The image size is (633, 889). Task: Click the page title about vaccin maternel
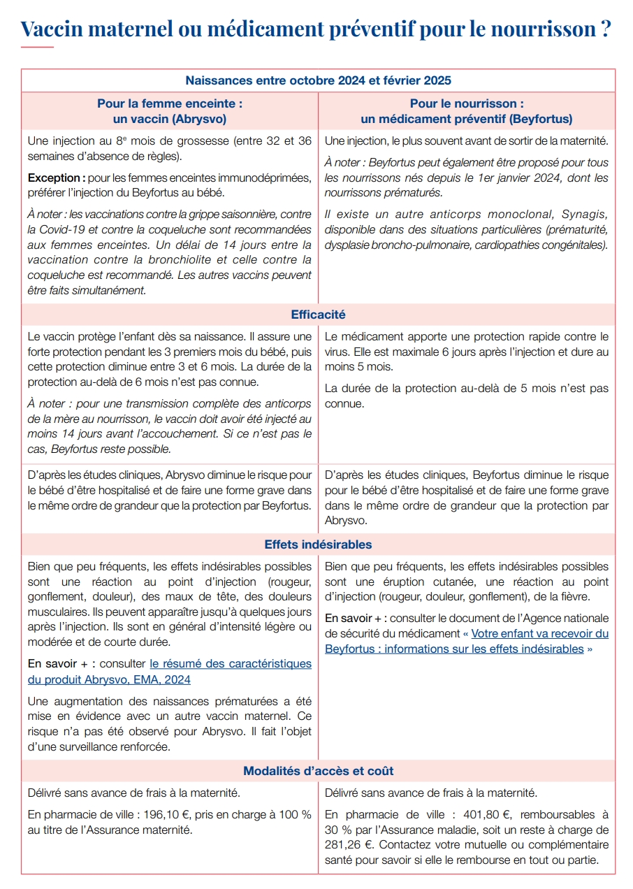click(316, 29)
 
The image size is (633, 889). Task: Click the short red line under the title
click(37, 47)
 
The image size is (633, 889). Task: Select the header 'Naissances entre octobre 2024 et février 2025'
click(318, 81)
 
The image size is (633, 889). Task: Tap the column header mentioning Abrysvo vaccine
click(170, 111)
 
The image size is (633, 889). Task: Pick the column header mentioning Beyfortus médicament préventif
click(466, 111)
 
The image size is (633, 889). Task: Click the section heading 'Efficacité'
click(318, 315)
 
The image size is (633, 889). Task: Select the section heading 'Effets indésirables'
click(318, 544)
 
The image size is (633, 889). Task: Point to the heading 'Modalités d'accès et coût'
click(318, 771)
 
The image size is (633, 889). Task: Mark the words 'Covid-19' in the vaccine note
click(72, 230)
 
